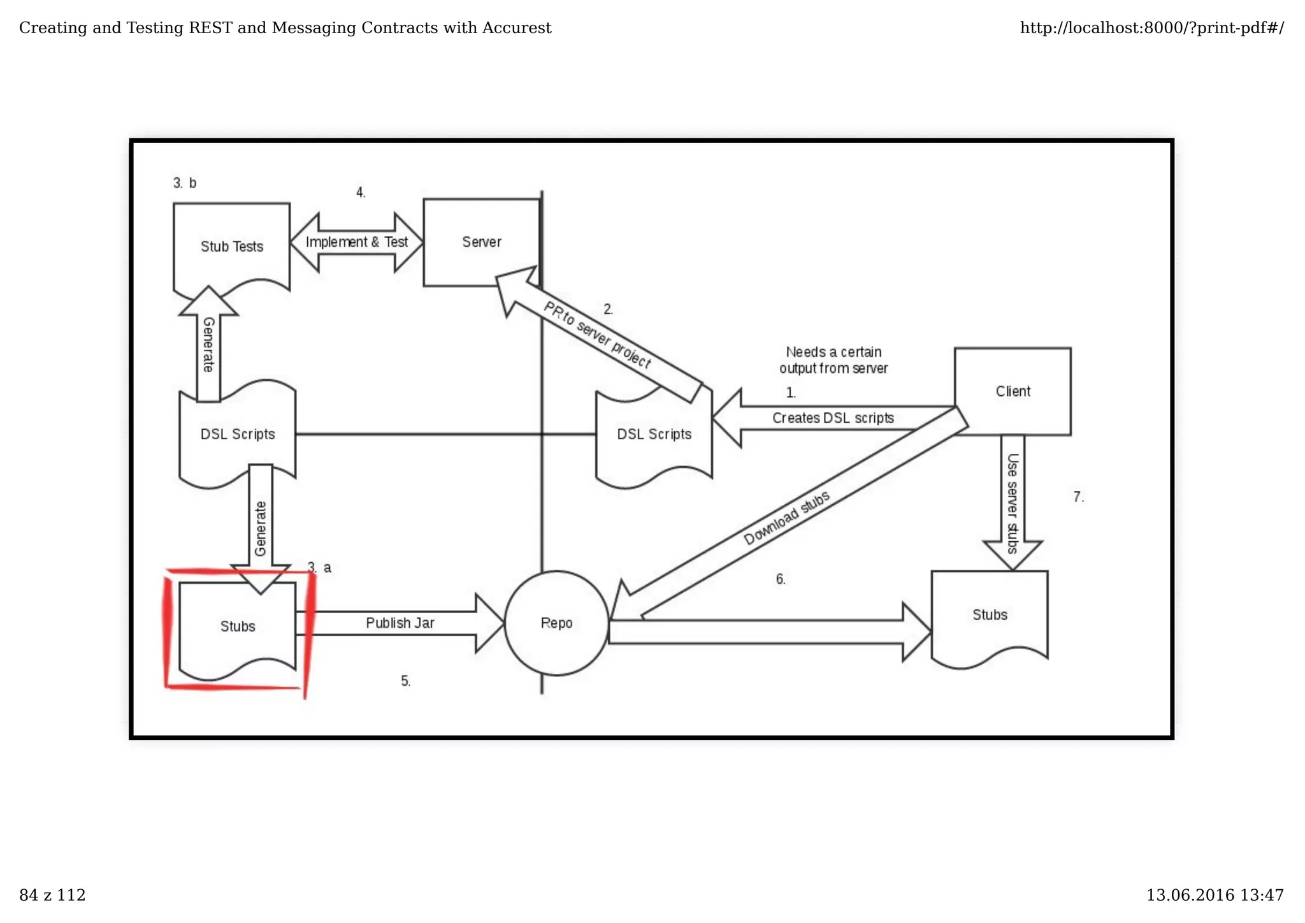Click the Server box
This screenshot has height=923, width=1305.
tap(481, 242)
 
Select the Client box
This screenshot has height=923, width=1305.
tap(1012, 391)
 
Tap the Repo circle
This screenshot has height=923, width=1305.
tap(556, 623)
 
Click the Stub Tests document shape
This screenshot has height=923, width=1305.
tap(231, 246)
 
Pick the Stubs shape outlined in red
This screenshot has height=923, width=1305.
tap(237, 626)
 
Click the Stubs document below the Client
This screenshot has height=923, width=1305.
tap(989, 614)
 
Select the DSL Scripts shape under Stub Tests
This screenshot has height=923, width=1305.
tap(237, 434)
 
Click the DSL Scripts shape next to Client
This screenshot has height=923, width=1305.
tap(654, 434)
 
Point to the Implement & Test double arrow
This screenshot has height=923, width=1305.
tap(356, 242)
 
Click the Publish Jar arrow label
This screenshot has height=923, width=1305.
tap(400, 623)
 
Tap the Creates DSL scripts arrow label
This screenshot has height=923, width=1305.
tap(832, 418)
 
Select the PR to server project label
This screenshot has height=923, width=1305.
tap(596, 335)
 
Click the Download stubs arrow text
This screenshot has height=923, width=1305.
tap(786, 518)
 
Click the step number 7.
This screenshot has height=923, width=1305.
tap(1078, 497)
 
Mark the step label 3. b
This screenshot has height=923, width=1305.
tap(184, 184)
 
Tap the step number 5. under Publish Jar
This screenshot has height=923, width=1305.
tap(405, 681)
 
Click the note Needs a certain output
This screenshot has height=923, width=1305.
tap(833, 360)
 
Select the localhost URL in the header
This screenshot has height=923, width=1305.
tap(1151, 28)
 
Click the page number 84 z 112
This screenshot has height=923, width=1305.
tap(52, 895)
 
